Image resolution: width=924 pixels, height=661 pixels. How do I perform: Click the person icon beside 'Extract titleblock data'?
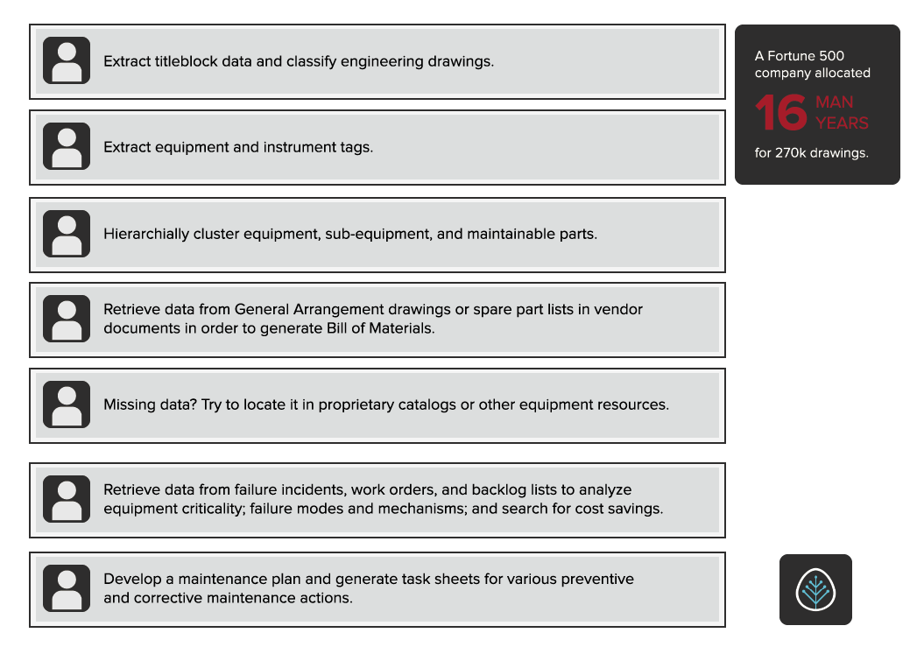(x=67, y=60)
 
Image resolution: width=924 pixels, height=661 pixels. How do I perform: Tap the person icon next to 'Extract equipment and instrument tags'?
(x=67, y=146)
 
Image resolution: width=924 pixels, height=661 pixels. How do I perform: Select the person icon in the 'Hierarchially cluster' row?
(x=67, y=234)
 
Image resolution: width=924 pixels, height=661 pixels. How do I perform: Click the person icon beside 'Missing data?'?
(x=67, y=404)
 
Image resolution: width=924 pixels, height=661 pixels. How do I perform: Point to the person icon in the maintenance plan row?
(x=67, y=588)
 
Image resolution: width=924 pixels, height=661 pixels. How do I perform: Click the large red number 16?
(x=780, y=113)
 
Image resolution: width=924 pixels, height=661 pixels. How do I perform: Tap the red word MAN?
(x=834, y=102)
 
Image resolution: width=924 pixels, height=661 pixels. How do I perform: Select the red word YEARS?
(x=842, y=123)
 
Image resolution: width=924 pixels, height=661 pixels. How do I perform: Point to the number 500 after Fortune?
(x=829, y=56)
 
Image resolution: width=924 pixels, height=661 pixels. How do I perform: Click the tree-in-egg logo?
(x=815, y=590)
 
